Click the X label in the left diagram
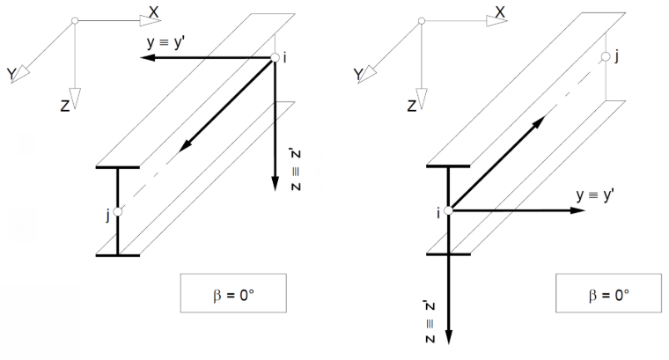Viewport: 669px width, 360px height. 153,12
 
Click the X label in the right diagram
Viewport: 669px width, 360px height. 500,12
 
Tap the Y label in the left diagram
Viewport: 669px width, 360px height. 11,74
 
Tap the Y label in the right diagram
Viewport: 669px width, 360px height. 358,75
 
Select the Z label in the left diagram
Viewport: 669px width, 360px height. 65,106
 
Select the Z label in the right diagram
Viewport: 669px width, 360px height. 412,106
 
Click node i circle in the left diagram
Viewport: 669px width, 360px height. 276,57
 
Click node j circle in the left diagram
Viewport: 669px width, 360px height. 118,211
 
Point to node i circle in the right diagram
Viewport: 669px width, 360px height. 448,210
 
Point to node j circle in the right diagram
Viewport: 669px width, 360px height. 606,56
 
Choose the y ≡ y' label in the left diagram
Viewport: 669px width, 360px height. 165,42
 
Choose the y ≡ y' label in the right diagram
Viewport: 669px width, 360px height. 595,195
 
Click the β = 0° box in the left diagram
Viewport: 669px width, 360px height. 233,293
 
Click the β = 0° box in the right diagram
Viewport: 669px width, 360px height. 608,293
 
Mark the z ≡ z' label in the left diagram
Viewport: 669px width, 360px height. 296,170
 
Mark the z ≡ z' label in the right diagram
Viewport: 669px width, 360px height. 430,322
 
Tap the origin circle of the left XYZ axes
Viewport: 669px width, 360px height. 75,20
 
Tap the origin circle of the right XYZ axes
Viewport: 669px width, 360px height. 422,21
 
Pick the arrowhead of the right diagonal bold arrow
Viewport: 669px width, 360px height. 539,121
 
